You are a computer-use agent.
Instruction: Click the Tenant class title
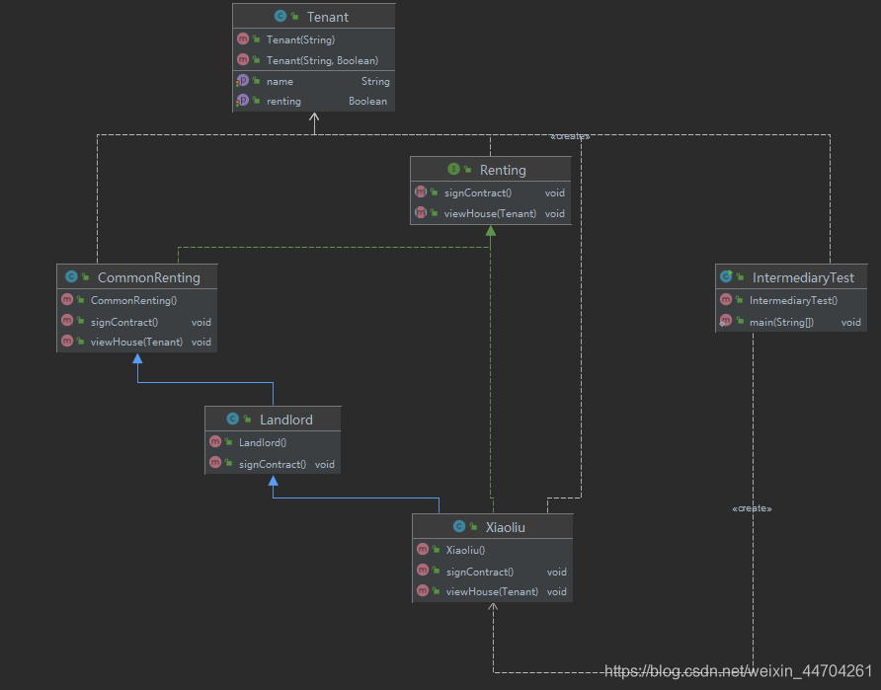328,17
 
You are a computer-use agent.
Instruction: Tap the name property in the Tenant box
280,81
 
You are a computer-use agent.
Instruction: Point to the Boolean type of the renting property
367,101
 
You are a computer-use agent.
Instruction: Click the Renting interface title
503,170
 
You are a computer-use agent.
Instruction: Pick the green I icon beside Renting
453,169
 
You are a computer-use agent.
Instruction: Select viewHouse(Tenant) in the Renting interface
490,213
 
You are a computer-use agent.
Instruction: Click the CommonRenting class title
149,277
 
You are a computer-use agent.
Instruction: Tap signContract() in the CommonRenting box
124,322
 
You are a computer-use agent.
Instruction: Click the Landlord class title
286,420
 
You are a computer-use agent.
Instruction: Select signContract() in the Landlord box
273,464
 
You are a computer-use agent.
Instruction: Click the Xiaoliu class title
505,527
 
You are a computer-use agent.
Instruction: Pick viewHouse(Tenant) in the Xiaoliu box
492,591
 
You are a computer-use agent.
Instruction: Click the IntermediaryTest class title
803,277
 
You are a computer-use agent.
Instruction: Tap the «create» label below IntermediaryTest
752,508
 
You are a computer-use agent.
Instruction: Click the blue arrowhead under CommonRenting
137,358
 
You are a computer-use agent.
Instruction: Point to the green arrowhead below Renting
491,231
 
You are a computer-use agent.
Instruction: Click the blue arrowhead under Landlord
273,481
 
